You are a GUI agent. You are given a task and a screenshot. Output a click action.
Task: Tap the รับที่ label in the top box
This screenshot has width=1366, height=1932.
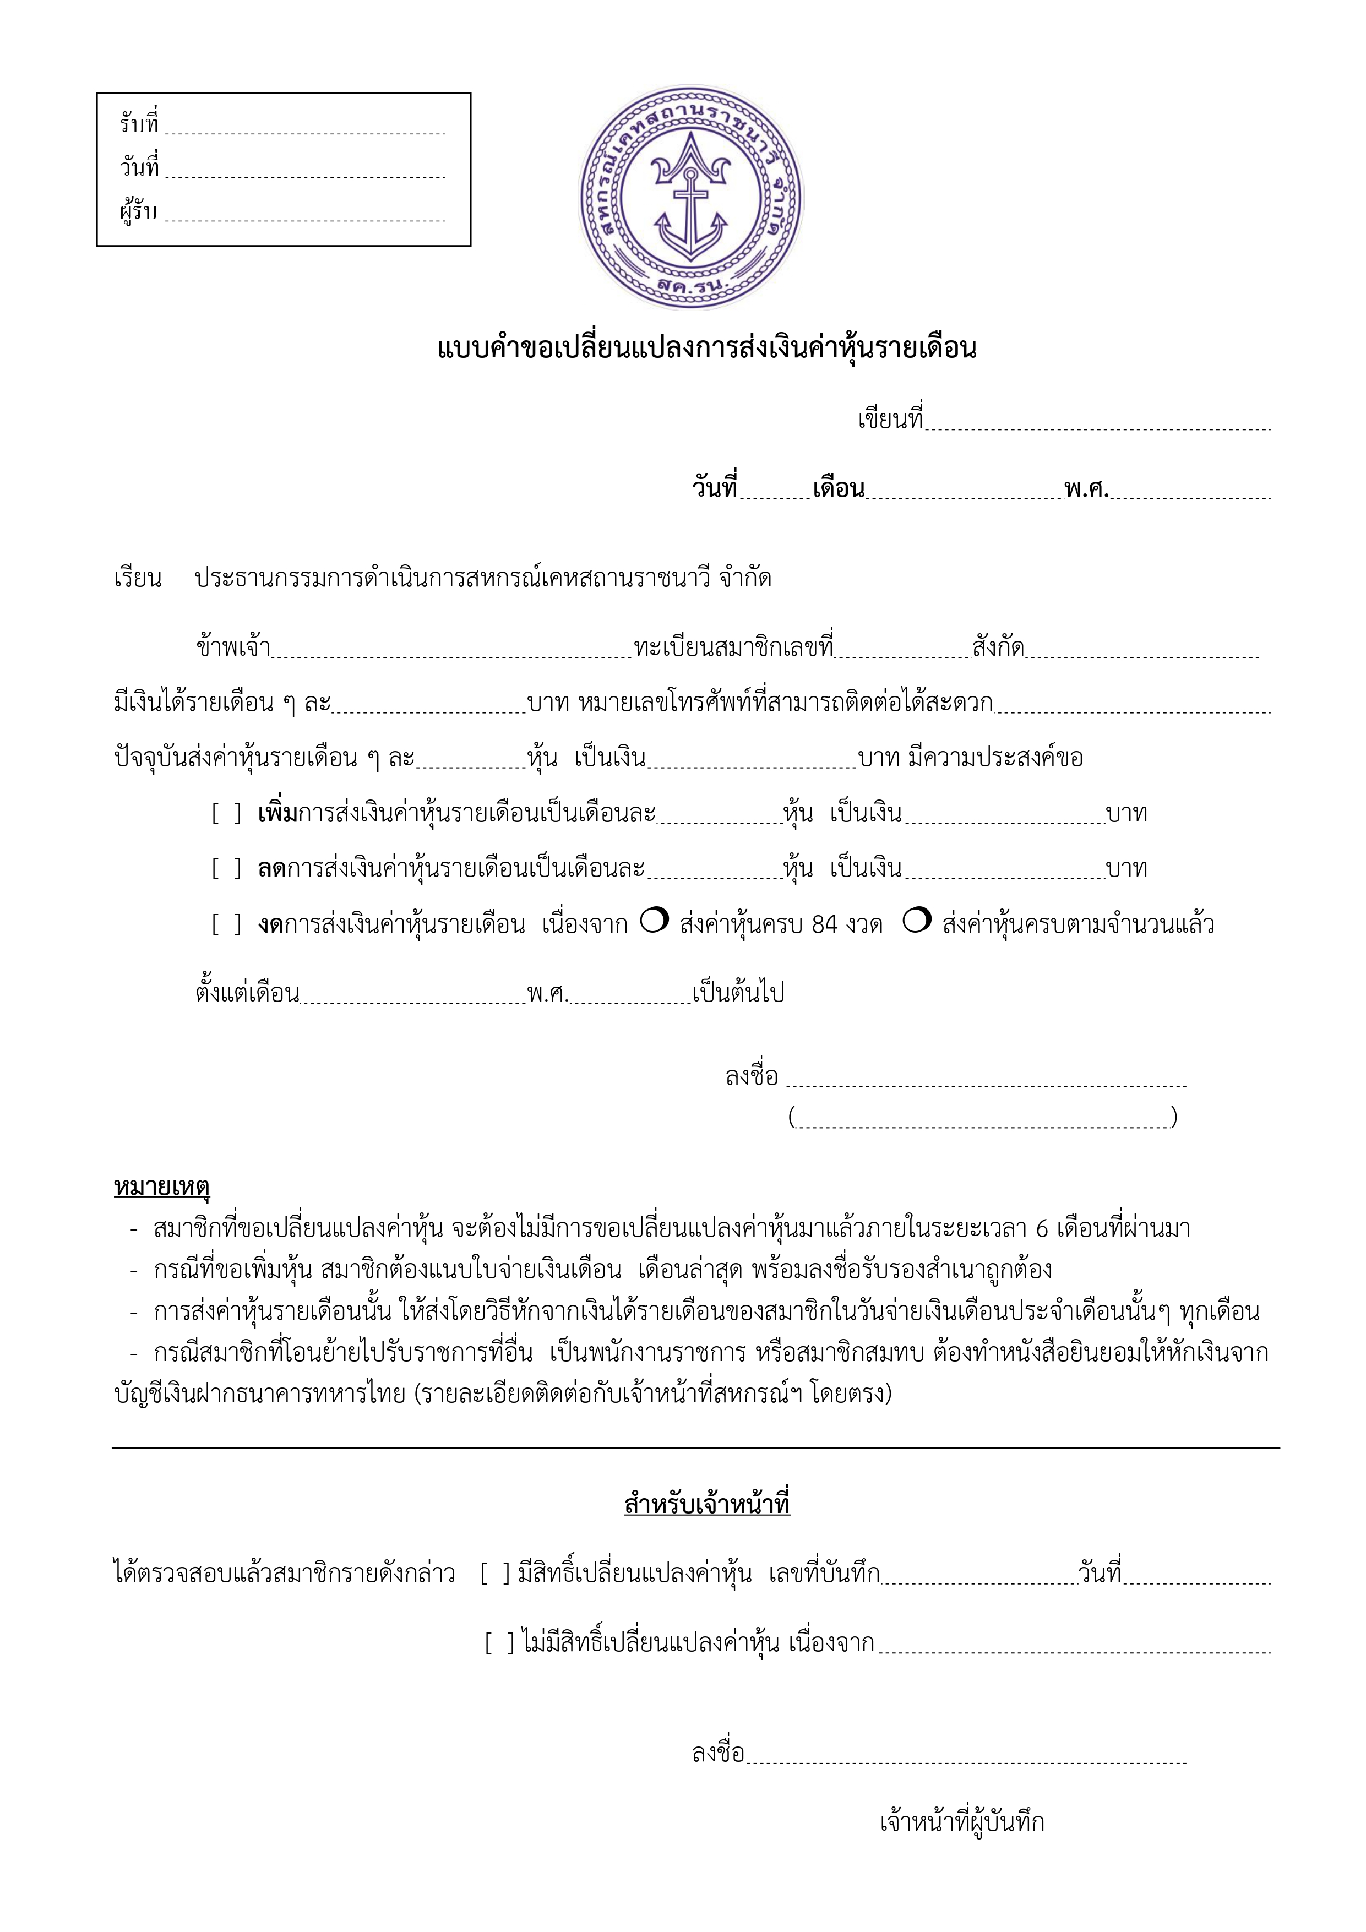tap(139, 124)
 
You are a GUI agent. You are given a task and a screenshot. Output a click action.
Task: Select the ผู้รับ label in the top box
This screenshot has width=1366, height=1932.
tap(138, 211)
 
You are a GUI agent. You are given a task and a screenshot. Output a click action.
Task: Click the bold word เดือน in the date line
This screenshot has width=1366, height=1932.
tap(839, 489)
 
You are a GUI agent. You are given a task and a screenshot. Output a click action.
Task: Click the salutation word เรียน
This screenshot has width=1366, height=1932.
tap(138, 579)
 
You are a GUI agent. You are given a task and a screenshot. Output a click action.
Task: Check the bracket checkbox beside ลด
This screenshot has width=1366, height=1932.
tap(226, 868)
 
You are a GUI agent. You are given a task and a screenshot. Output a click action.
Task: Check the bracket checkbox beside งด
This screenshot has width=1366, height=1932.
tap(226, 925)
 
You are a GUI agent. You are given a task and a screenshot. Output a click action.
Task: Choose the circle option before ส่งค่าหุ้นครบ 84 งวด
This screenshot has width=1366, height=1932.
tap(654, 921)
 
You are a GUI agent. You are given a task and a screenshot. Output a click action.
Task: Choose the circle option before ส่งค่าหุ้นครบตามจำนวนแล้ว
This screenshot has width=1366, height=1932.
tap(917, 921)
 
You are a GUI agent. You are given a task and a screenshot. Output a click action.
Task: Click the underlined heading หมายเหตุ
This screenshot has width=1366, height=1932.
tap(162, 1187)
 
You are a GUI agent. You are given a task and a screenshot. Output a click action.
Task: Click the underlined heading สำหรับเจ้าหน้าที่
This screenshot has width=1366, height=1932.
tap(707, 1504)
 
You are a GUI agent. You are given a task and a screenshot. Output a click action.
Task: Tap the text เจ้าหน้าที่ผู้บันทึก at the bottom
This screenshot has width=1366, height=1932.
tap(962, 1822)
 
